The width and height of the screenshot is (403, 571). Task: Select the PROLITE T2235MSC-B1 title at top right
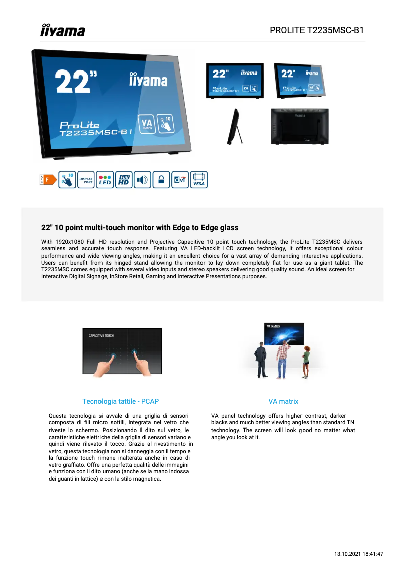tap(317, 30)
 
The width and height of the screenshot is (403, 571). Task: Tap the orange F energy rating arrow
tap(48, 179)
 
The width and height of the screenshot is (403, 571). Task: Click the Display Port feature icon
tap(86, 180)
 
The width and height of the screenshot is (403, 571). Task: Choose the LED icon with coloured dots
tap(105, 180)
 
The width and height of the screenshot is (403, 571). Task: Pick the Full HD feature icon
tap(124, 180)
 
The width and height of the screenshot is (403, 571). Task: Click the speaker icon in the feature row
tap(142, 180)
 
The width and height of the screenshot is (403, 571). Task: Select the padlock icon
tap(161, 180)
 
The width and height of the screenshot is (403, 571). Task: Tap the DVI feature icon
tap(180, 180)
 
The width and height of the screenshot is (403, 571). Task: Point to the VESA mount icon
tap(198, 180)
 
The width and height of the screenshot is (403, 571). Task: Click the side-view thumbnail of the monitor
tap(235, 126)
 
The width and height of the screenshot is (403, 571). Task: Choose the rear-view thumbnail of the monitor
tap(299, 126)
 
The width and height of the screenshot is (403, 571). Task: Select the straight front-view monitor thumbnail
tap(235, 80)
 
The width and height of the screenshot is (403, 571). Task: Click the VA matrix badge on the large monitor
tap(147, 124)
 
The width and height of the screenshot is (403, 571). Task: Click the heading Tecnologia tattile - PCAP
tap(121, 401)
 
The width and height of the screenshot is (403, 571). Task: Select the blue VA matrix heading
tap(283, 401)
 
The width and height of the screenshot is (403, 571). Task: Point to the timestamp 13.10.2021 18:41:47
tap(359, 554)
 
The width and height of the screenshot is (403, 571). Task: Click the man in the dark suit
tap(260, 360)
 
